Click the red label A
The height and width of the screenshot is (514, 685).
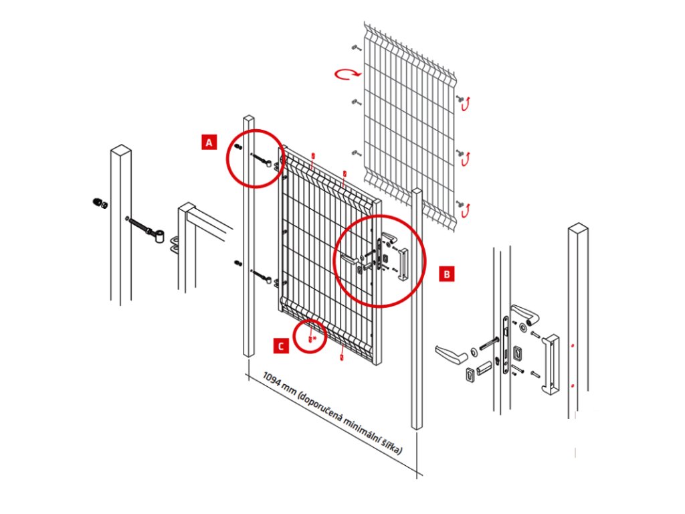pyautogui.click(x=209, y=142)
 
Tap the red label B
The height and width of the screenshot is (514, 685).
pyautogui.click(x=448, y=273)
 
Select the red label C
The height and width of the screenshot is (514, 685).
pyautogui.click(x=282, y=345)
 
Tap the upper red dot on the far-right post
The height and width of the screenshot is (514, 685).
pyautogui.click(x=573, y=346)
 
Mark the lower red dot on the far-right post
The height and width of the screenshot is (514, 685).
pyautogui.click(x=573, y=386)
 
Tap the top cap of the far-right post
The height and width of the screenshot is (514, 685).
pyautogui.click(x=578, y=230)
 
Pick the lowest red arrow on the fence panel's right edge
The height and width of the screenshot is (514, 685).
pyautogui.click(x=466, y=209)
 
